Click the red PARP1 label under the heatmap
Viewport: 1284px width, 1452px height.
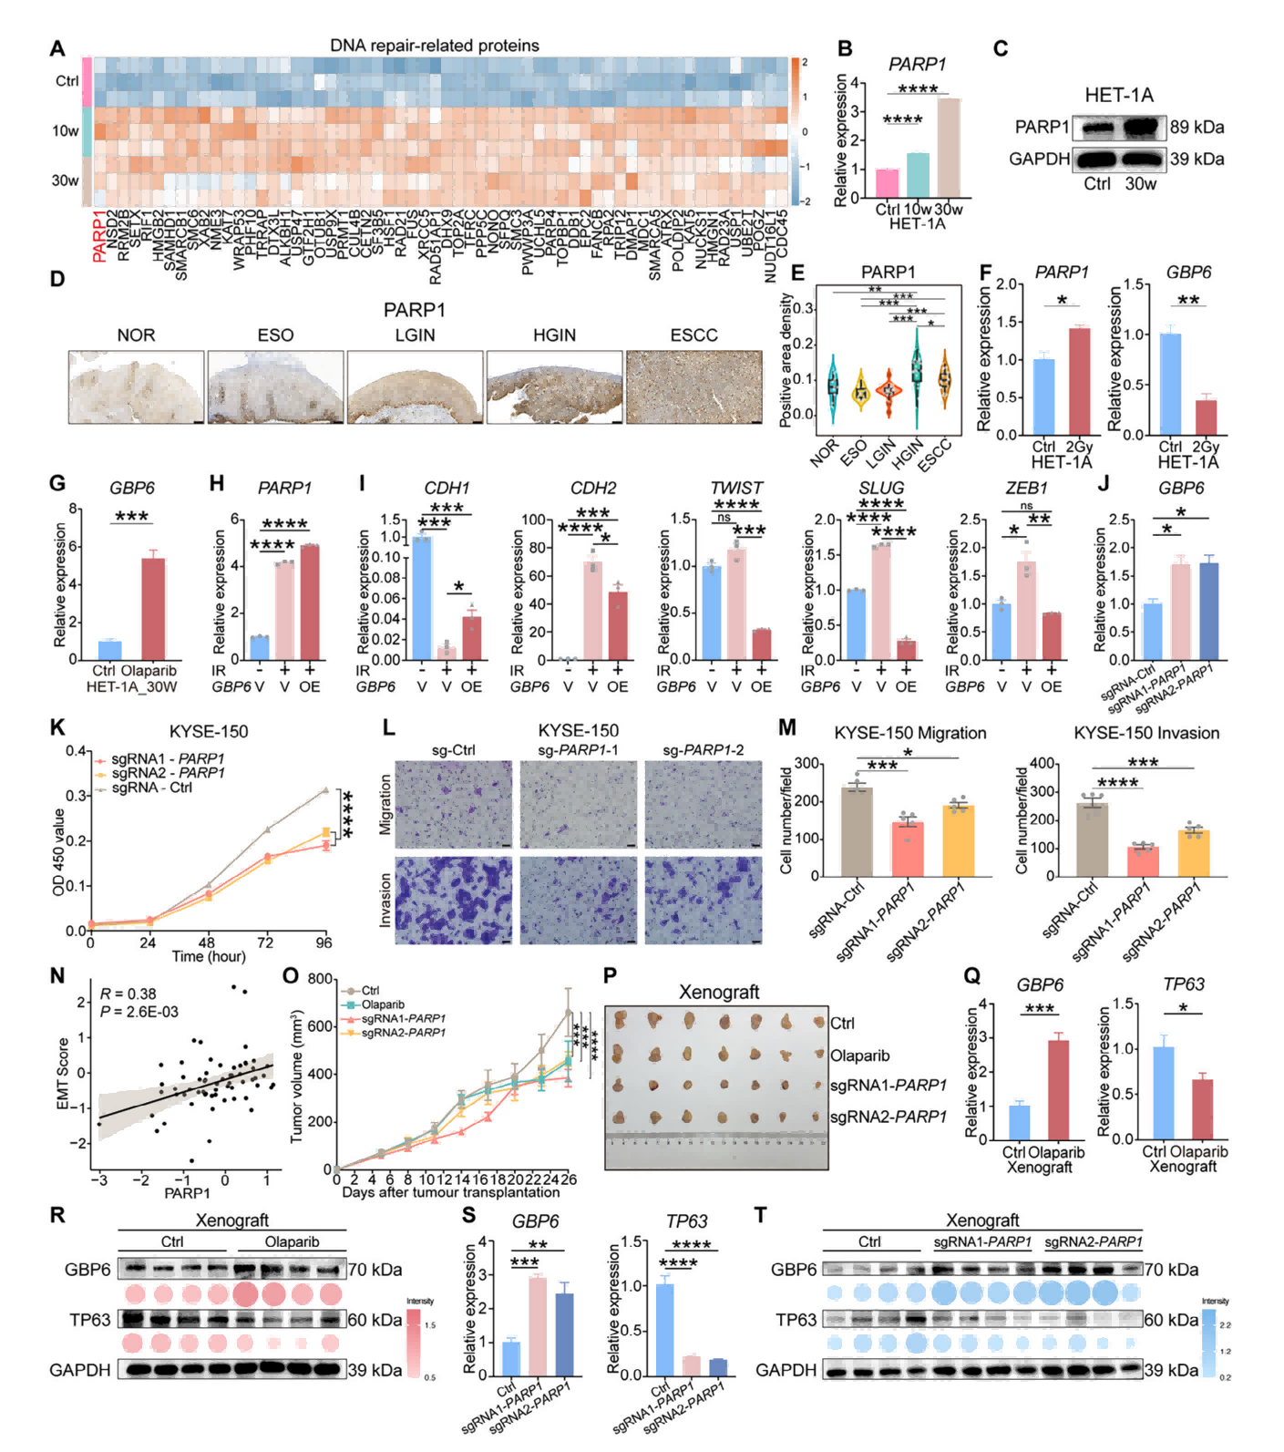[x=98, y=235]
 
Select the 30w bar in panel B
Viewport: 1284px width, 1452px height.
[x=949, y=148]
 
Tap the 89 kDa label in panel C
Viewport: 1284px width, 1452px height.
[x=1197, y=127]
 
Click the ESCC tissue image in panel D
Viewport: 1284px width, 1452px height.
[x=693, y=386]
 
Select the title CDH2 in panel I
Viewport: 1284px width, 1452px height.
[x=592, y=489]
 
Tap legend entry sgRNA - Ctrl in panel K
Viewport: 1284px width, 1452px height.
[x=151, y=788]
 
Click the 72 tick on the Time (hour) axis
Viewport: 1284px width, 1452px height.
[x=265, y=942]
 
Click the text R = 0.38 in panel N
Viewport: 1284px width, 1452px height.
[x=128, y=994]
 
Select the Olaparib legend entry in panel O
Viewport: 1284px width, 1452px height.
[x=383, y=1004]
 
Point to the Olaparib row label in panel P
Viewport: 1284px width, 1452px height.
[x=859, y=1056]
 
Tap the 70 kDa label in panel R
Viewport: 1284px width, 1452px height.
[x=375, y=1270]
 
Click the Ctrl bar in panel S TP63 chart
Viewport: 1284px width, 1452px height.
[x=665, y=1330]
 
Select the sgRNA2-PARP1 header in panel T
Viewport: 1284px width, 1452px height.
[x=1093, y=1241]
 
